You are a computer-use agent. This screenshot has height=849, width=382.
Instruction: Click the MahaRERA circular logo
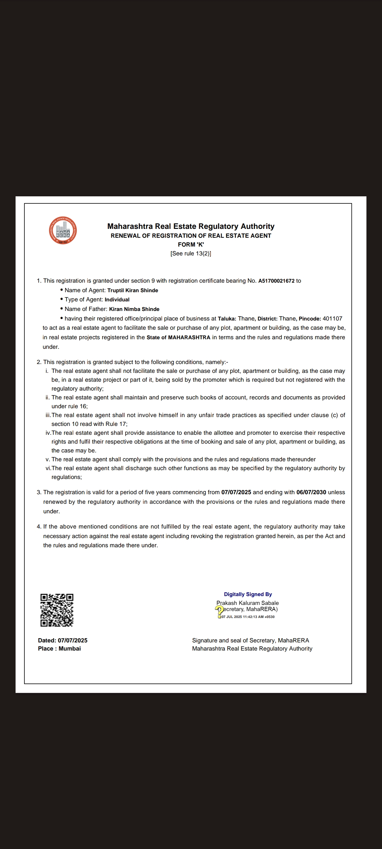point(63,231)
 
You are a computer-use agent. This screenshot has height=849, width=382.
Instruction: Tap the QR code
point(57,610)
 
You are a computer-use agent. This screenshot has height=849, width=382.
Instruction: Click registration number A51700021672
point(276,281)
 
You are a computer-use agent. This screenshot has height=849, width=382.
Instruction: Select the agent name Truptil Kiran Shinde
point(133,290)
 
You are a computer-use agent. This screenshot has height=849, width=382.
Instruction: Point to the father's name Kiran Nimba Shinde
point(134,309)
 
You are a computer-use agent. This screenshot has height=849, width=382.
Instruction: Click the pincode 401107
point(332,319)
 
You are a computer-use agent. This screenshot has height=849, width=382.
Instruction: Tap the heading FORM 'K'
point(191,244)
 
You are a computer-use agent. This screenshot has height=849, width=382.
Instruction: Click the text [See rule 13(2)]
point(191,253)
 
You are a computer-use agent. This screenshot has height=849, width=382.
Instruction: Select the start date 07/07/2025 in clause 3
point(236,492)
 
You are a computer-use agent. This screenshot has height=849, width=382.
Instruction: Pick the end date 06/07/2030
point(311,492)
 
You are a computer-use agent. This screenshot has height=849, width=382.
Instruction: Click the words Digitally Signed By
point(248,594)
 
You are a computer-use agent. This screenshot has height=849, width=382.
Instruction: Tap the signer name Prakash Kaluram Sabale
point(248,603)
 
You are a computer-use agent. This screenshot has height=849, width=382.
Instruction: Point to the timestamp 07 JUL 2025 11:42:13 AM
point(248,617)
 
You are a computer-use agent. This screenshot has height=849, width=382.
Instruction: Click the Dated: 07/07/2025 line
point(63,640)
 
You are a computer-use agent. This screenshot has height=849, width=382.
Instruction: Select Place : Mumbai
point(59,648)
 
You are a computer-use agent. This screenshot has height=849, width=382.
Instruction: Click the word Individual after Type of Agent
point(117,300)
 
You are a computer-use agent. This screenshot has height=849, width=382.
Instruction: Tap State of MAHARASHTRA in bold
point(178,337)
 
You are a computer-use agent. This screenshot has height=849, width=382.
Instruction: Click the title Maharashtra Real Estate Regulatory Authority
point(191,226)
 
